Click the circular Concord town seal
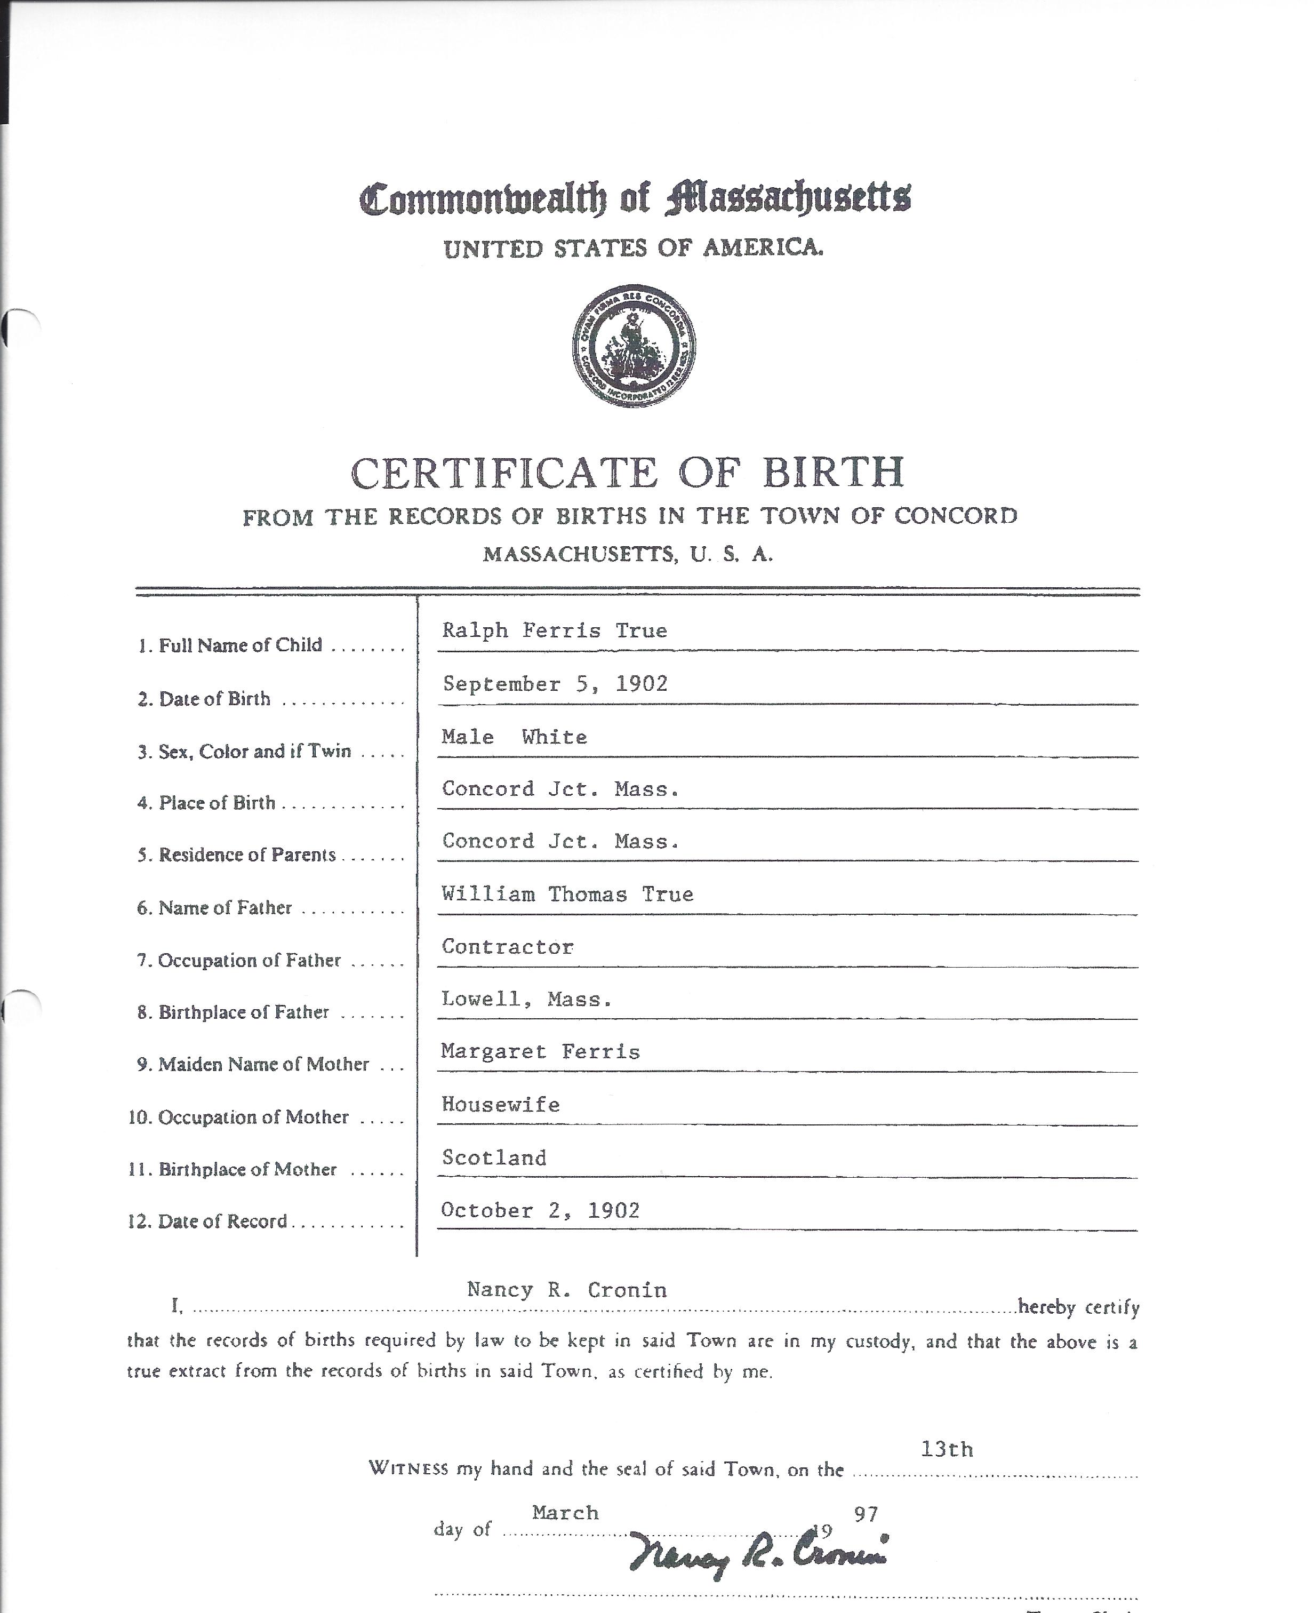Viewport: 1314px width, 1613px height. coord(634,346)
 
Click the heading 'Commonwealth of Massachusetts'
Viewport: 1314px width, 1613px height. coord(635,198)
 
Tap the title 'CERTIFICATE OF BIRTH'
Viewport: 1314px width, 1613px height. coord(628,473)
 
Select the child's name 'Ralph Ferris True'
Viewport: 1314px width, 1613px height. coord(554,630)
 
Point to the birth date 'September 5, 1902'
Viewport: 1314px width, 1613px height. coord(555,683)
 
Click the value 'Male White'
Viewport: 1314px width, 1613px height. coord(514,737)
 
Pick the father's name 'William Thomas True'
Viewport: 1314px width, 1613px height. coord(567,894)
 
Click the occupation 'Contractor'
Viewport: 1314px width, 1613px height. coord(508,946)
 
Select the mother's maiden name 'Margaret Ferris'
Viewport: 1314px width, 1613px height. coord(540,1051)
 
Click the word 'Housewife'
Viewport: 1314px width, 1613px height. coord(500,1104)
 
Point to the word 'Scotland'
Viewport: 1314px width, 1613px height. coord(493,1157)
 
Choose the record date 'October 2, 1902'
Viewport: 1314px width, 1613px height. coord(540,1210)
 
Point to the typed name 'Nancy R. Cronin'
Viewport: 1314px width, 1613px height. coord(567,1289)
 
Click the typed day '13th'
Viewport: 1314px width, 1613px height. coord(946,1449)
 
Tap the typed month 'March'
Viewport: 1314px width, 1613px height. coord(565,1512)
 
